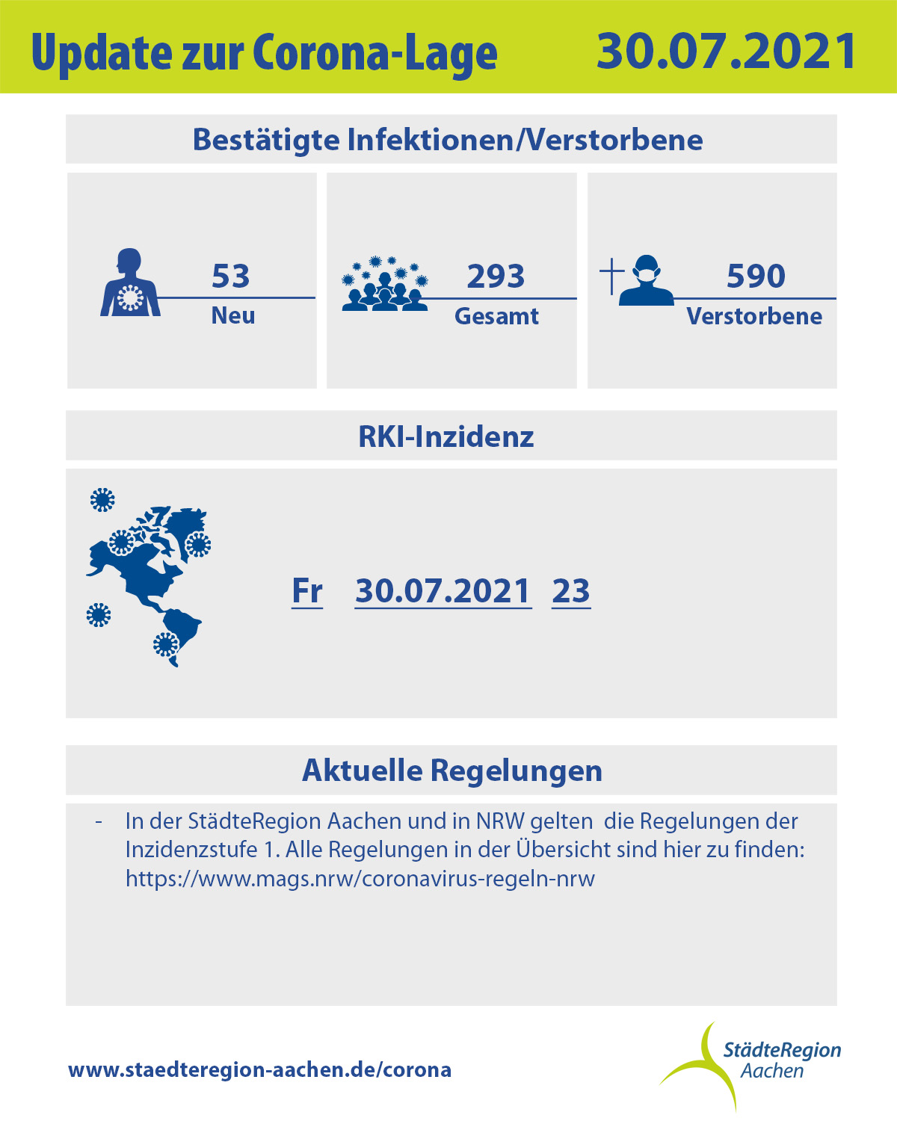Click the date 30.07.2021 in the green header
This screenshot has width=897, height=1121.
(x=726, y=51)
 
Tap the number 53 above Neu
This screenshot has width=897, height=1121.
(x=231, y=276)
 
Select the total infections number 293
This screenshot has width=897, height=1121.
(x=496, y=276)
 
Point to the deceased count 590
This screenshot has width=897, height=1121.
(x=756, y=276)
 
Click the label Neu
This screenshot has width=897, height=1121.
(x=233, y=315)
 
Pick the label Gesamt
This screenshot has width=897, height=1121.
(x=496, y=316)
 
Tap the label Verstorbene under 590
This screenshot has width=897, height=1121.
(x=754, y=316)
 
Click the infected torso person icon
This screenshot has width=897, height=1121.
(x=130, y=282)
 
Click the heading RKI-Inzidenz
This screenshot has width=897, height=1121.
(x=446, y=436)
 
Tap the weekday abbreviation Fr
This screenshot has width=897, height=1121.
(x=307, y=591)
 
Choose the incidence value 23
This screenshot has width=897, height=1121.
(x=571, y=591)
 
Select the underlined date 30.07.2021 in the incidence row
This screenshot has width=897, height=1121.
(x=443, y=591)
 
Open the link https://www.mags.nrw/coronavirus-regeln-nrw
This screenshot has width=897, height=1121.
(x=360, y=880)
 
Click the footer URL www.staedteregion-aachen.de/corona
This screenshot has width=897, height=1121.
(x=259, y=1070)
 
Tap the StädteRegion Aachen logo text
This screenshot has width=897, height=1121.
(x=781, y=1060)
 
